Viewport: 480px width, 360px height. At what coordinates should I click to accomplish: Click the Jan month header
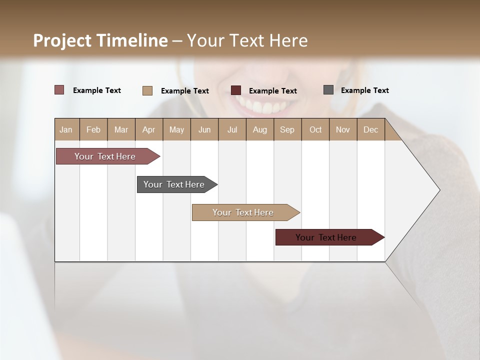click(x=66, y=129)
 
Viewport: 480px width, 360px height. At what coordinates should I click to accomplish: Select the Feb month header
click(x=93, y=129)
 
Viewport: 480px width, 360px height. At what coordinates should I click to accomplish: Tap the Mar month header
click(x=121, y=129)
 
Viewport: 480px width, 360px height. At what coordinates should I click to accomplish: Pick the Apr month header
click(x=149, y=129)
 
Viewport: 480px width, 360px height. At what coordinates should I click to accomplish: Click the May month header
click(x=176, y=129)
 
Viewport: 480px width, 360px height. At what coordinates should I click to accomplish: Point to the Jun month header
click(x=204, y=129)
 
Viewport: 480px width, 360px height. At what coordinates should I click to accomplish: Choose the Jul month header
click(x=232, y=129)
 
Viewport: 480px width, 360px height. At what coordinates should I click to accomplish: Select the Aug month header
click(x=260, y=129)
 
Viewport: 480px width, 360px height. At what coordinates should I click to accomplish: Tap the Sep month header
click(x=287, y=129)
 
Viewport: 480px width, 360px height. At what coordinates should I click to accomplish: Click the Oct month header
click(x=315, y=129)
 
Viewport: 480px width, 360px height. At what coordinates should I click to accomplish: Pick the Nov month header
click(x=343, y=129)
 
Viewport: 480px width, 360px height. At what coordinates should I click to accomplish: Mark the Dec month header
click(x=370, y=129)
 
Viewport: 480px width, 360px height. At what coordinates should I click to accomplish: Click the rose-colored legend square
click(x=59, y=90)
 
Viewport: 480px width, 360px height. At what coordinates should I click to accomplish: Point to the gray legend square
click(x=328, y=90)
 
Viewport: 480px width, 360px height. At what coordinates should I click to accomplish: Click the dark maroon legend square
click(x=236, y=90)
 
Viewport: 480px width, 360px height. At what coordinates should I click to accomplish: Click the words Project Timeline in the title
click(x=100, y=40)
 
